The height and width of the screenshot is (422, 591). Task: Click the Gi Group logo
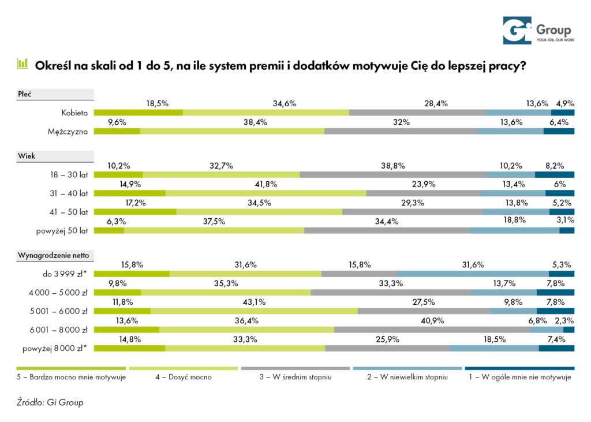click(x=536, y=31)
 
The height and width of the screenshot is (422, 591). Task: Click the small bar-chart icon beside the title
click(x=23, y=64)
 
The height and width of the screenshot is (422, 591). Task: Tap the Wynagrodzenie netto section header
click(x=48, y=254)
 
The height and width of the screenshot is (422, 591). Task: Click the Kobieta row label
click(x=74, y=113)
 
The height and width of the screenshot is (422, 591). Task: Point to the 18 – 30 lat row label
click(x=68, y=174)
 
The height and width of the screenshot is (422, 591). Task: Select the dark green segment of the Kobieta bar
click(x=138, y=113)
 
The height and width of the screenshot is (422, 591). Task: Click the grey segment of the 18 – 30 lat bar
click(x=392, y=174)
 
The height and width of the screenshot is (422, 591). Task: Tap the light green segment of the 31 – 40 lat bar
click(x=265, y=193)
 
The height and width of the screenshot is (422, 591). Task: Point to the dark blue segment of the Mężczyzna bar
click(x=559, y=131)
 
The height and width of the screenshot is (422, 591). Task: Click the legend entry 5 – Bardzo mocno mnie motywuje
click(x=71, y=378)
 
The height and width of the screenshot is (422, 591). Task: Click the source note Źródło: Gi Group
click(x=50, y=402)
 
